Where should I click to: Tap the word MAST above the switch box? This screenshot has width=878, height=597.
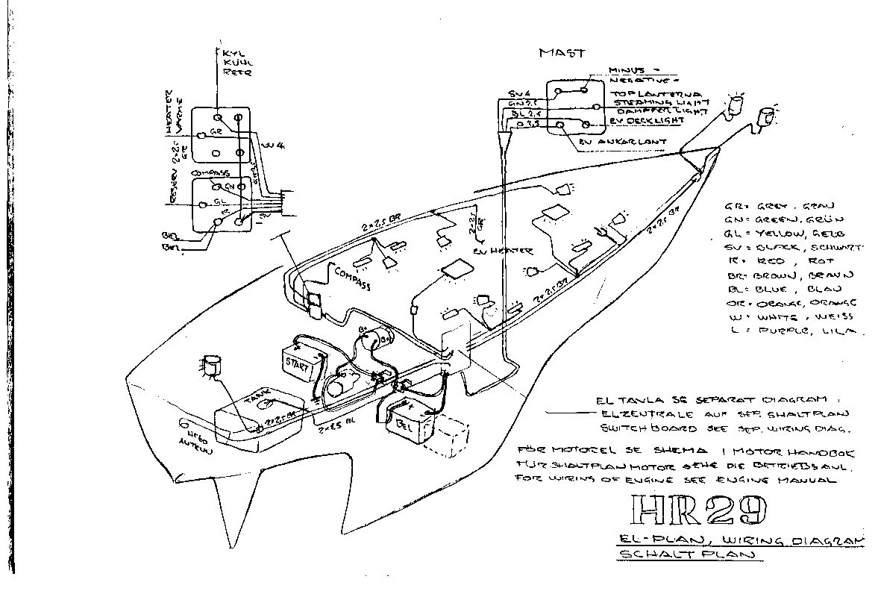click(562, 53)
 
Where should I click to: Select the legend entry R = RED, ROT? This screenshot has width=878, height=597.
click(776, 261)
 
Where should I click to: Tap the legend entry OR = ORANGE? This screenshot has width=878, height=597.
click(789, 303)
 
